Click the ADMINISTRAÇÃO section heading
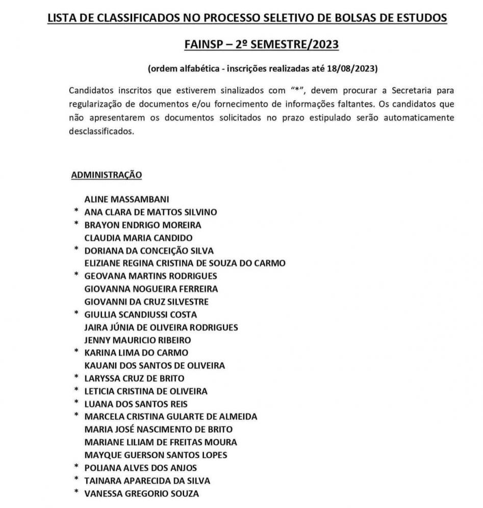click(106, 175)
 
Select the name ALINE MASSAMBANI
click(126, 199)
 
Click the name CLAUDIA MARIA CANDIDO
click(138, 238)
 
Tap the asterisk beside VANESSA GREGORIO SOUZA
click(76, 493)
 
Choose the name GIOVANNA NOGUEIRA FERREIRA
click(151, 289)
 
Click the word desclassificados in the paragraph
click(101, 130)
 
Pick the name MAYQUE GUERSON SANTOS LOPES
click(156, 455)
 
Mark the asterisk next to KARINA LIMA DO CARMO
click(76, 352)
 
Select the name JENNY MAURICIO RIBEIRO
click(138, 340)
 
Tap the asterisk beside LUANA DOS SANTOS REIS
click(76, 404)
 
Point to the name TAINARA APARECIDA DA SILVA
click(147, 480)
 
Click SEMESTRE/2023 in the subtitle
click(292, 44)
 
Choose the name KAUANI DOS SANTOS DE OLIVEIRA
click(154, 365)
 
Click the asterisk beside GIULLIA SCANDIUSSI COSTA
click(76, 314)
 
